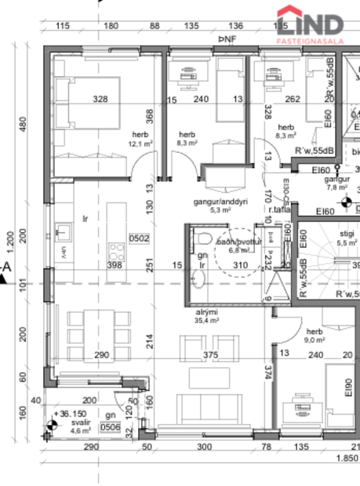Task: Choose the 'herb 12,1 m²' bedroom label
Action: (x=140, y=140)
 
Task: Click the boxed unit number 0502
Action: (x=140, y=238)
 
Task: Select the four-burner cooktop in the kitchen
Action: (x=118, y=252)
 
